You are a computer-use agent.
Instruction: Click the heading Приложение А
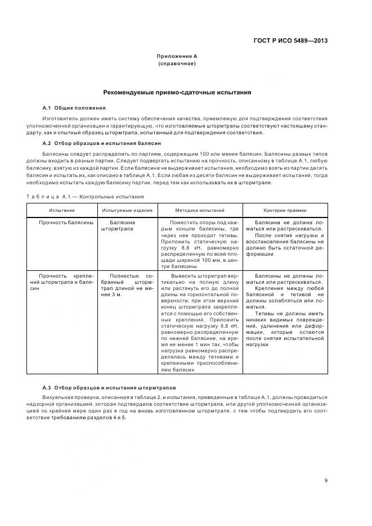177,56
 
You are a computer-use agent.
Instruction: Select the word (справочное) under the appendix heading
177,64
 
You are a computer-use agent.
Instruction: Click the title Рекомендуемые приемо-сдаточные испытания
177,92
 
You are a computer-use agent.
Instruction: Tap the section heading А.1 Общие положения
74,107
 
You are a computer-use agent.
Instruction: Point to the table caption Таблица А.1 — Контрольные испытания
84,197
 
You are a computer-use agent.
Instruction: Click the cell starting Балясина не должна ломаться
285,238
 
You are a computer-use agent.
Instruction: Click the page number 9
326,480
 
